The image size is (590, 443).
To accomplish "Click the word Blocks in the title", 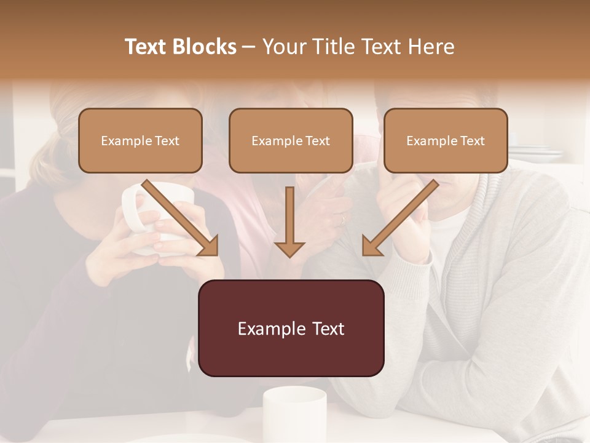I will [205, 47].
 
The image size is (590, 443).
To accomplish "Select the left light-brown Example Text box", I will [140, 140].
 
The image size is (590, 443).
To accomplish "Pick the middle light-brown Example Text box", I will [291, 140].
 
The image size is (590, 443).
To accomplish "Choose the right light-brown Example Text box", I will [446, 140].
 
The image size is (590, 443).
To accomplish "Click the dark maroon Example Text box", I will [291, 328].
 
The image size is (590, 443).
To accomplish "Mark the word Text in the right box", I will [472, 140].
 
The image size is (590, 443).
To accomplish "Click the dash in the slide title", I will [249, 47].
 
